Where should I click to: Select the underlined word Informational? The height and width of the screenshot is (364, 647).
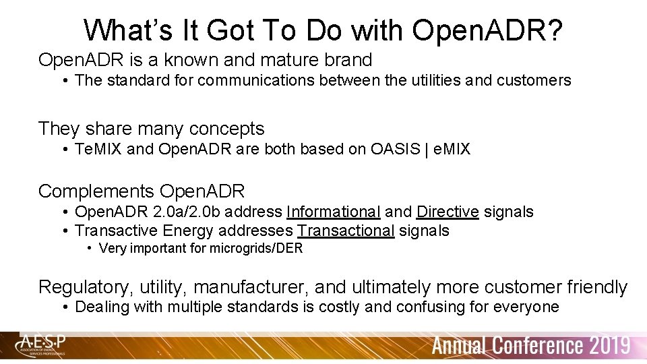coord(333,212)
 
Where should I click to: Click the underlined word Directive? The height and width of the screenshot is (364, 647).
coord(448,212)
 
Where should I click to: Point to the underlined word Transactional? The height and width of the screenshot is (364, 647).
coord(346,231)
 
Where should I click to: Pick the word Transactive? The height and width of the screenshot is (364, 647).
coord(117,231)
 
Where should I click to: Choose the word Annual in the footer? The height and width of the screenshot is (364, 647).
coord(460,346)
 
